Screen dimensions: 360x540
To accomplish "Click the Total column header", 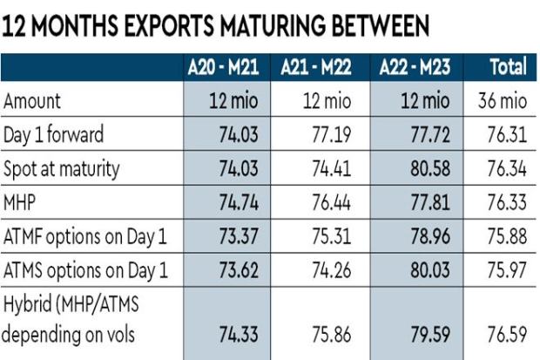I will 508,67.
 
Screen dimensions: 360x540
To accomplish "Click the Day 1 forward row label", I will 54,134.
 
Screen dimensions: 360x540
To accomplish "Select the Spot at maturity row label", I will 63,167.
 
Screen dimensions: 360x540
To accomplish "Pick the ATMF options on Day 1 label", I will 84,233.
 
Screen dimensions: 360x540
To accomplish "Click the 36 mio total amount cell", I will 504,102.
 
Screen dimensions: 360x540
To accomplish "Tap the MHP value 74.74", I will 241,200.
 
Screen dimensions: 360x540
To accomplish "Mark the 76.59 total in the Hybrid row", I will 506,334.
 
